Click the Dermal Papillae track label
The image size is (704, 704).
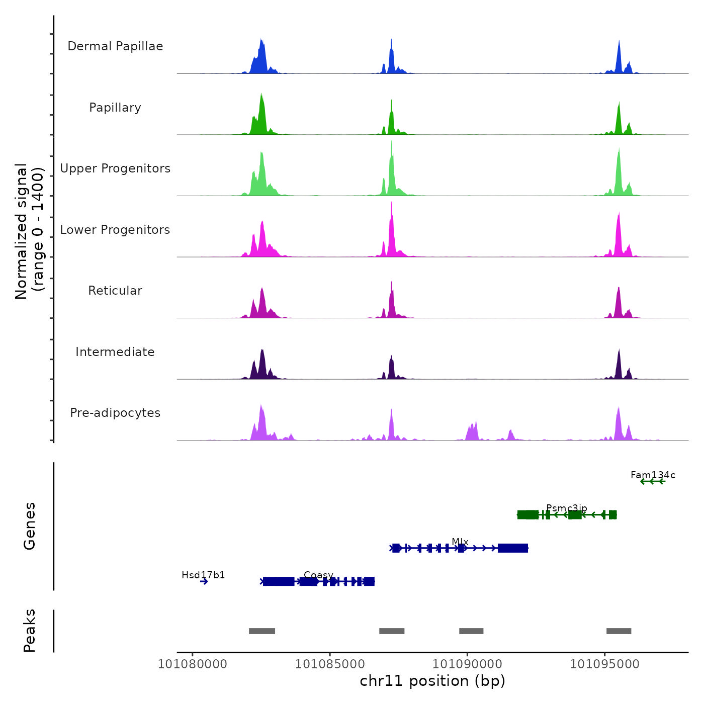[115, 46]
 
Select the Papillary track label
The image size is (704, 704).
[115, 108]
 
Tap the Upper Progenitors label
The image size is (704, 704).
[115, 168]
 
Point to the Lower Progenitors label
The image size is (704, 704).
[115, 230]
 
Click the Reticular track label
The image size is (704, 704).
[115, 291]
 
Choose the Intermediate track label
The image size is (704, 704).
[115, 352]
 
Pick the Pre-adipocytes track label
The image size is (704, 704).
[115, 413]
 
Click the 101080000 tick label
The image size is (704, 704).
[193, 664]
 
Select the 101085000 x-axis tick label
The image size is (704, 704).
[330, 664]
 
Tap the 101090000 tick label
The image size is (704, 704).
[467, 664]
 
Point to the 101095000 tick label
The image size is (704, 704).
[604, 664]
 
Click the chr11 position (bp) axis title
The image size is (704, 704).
[432, 681]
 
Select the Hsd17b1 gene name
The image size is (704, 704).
[203, 575]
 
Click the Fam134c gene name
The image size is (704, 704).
[653, 475]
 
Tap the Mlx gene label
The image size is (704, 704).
[460, 542]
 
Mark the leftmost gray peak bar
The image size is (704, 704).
[262, 631]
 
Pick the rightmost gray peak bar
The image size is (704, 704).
[619, 631]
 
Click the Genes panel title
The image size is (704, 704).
[30, 526]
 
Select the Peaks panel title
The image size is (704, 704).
[30, 631]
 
